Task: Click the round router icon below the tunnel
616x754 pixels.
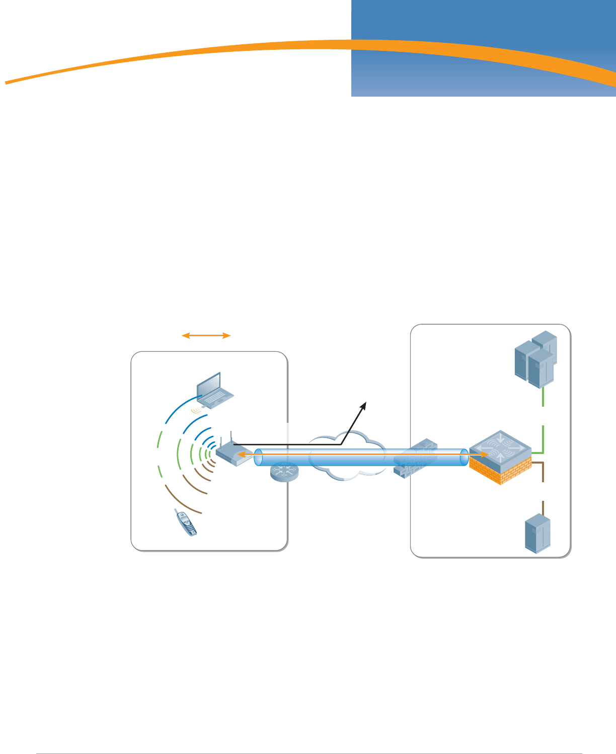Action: (x=284, y=472)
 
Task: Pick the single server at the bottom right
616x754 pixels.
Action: (x=537, y=533)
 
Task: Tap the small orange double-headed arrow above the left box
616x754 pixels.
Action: (x=206, y=335)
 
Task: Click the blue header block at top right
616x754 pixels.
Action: (x=483, y=30)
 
